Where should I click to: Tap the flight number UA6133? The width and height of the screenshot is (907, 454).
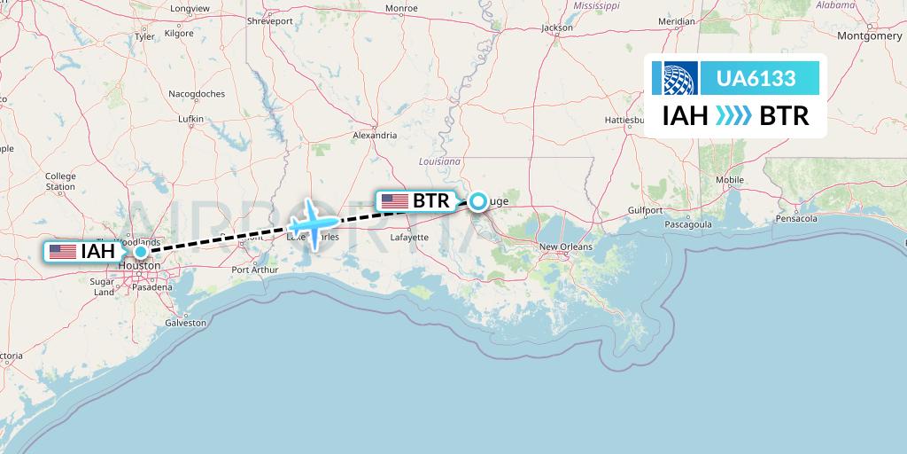pos(755,79)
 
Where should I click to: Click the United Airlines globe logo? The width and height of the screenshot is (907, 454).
pos(674,78)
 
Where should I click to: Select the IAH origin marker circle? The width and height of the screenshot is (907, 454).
pos(141,252)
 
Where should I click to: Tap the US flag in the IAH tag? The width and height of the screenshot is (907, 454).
pos(63,252)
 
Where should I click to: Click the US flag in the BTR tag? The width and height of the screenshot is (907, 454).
pos(395,201)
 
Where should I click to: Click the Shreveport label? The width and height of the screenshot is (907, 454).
pos(269,20)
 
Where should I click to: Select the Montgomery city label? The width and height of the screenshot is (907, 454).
pos(869,36)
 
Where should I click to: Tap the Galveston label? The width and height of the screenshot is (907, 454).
pos(185,323)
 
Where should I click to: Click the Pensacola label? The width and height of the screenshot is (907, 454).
pos(794,217)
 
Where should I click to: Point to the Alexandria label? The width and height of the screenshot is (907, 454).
pos(375,136)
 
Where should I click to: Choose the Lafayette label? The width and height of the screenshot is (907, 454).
pos(409,238)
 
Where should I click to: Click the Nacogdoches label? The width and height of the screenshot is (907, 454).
pos(197,93)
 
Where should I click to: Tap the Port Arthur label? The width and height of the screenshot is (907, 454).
pos(255,270)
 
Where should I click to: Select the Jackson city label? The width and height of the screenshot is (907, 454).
pos(557,27)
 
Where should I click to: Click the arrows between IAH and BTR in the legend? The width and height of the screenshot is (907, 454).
pos(733,115)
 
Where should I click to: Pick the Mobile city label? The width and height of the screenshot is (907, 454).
pos(730,179)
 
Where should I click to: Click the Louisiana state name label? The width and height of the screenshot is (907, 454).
pos(440,162)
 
